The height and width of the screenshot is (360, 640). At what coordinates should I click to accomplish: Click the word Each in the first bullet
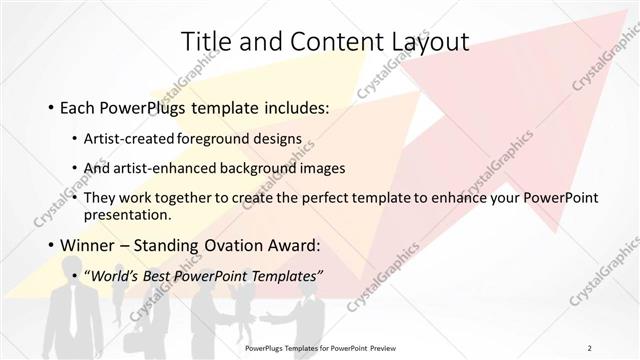[x=78, y=105]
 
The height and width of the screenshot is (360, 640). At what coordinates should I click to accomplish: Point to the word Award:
[x=291, y=244]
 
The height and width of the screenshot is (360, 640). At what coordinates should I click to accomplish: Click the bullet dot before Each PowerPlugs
[x=50, y=106]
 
